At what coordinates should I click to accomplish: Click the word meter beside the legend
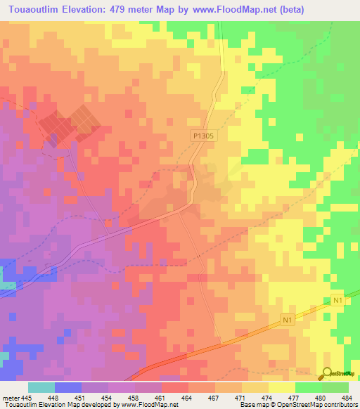click(10, 397)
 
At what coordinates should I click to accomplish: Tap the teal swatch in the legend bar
click(41, 387)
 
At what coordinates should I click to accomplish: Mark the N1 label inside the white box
click(336, 301)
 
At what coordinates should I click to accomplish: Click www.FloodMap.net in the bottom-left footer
click(149, 405)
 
